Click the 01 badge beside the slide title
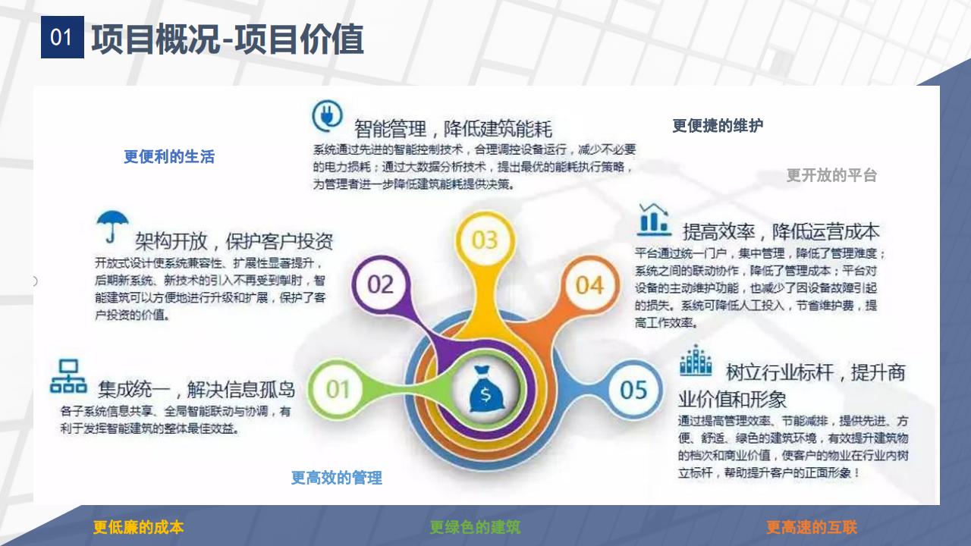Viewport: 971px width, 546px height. pos(62,37)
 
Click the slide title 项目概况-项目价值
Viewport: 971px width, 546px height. pos(228,39)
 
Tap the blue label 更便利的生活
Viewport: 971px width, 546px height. pos(169,157)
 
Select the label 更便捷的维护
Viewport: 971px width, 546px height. pos(718,126)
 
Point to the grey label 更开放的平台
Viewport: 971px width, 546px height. pos(831,175)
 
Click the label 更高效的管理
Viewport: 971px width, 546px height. pos(336,478)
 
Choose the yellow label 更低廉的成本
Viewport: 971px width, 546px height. pos(138,527)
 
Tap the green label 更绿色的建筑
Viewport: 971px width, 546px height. pos(475,527)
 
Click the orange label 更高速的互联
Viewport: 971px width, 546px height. pos(811,527)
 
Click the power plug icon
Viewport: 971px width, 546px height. pos(328,117)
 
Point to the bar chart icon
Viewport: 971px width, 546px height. pos(654,219)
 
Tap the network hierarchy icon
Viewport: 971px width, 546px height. pos(68,376)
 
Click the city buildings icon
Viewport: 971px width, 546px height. pos(696,361)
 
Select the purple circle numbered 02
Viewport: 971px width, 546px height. pos(380,284)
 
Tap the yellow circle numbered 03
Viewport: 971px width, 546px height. pos(484,240)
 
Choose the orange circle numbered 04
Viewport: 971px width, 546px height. pos(589,285)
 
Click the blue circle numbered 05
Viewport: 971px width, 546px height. pos(633,390)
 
